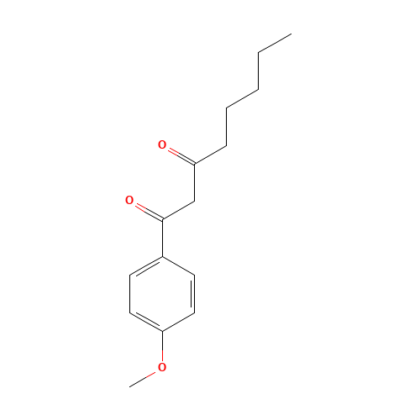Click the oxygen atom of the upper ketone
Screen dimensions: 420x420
(x=162, y=144)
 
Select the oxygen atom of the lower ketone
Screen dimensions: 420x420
(x=129, y=200)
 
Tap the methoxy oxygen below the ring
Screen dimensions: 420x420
(x=162, y=367)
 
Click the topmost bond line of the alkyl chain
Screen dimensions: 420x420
(x=275, y=43)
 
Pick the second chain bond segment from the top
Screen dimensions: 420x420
(x=242, y=98)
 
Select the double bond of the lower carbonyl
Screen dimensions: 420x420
(x=145, y=210)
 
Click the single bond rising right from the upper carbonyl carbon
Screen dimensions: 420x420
(x=209, y=155)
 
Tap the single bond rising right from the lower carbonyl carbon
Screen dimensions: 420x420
(x=178, y=210)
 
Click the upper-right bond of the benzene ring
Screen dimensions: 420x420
(x=178, y=266)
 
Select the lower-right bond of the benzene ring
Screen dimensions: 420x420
(x=178, y=322)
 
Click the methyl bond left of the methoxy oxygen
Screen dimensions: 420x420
(x=144, y=377)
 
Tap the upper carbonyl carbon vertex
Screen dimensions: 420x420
(x=194, y=164)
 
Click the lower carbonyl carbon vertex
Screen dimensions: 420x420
(x=162, y=220)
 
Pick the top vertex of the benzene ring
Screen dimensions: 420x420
(x=162, y=257)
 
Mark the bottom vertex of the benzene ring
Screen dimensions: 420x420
(x=162, y=331)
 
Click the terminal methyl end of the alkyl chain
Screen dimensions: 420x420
(x=291, y=34)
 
